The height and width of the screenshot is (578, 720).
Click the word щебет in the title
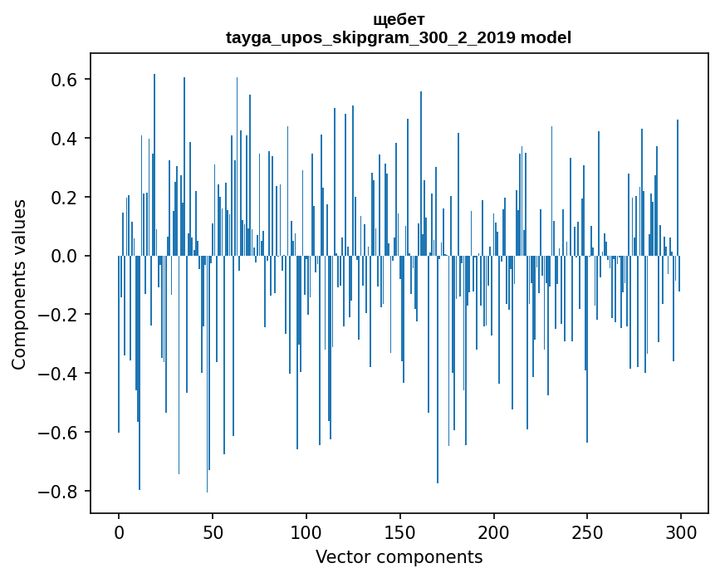(399, 19)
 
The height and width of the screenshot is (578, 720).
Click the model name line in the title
(399, 37)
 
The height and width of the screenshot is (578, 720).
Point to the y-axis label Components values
(19, 284)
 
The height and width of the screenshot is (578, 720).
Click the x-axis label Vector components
(399, 556)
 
